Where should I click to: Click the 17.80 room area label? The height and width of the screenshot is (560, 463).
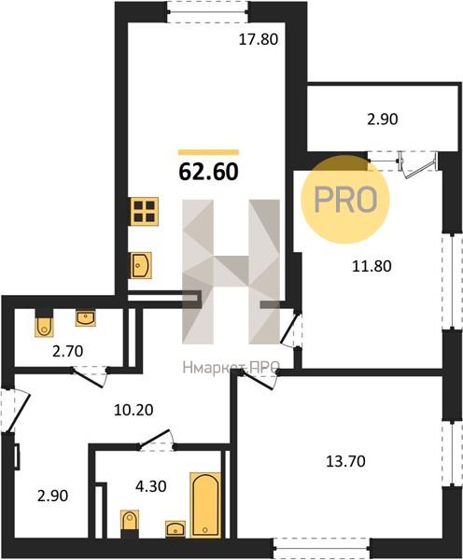coord(258,39)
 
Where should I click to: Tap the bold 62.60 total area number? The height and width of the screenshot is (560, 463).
coord(208,172)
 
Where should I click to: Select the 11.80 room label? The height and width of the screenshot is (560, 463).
coord(372,266)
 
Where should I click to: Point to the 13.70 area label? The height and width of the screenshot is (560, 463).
coord(345,461)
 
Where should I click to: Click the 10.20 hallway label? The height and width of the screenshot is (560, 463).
coord(133,410)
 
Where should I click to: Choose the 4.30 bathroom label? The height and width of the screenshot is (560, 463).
coord(151,486)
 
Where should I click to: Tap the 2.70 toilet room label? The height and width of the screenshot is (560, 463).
coord(67,352)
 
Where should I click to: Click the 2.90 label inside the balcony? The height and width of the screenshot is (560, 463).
coord(383,119)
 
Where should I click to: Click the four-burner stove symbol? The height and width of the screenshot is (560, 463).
coord(145,212)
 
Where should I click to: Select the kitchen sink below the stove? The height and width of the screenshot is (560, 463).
coord(142,265)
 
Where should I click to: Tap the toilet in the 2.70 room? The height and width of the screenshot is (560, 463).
coord(44,323)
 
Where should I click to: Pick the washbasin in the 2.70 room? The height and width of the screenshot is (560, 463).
coord(85,318)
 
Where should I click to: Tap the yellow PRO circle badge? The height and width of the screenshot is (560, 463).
coord(345,200)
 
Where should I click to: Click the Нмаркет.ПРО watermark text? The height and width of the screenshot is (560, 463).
coord(231,367)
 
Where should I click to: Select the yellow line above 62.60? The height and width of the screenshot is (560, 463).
coord(208,152)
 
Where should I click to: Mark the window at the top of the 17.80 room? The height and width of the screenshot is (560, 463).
coord(208,12)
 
